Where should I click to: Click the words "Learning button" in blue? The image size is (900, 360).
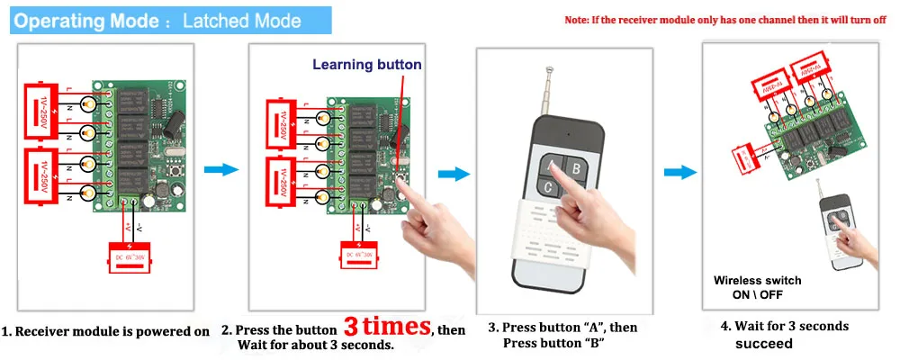[366, 65]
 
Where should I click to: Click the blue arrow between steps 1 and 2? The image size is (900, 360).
[220, 170]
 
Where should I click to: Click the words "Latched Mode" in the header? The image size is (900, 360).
[242, 19]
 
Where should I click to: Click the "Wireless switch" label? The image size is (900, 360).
[757, 281]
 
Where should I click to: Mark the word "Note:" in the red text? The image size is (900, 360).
[578, 20]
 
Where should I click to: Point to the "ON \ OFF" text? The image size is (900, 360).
[758, 294]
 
